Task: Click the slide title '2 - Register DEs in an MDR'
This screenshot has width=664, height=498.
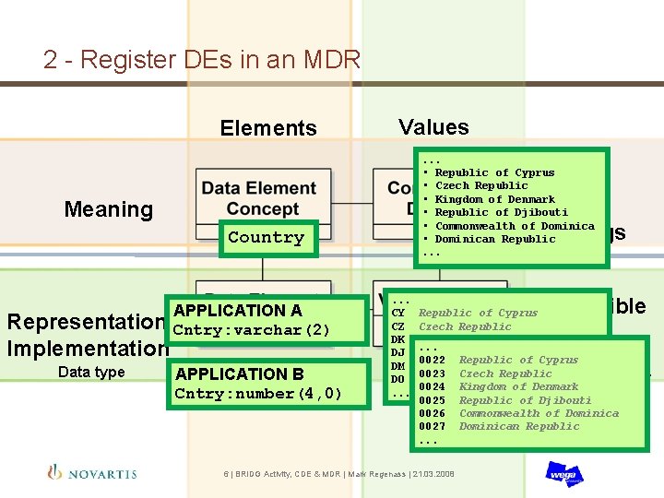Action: point(201,60)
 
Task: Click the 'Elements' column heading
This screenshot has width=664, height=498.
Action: point(267,128)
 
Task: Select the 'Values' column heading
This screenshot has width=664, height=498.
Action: point(433,127)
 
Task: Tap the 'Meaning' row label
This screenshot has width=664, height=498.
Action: point(108,209)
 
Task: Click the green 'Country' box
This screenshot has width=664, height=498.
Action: point(266,238)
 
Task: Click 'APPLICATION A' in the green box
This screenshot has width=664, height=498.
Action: point(237,311)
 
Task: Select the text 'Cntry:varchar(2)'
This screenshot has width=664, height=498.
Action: point(251,330)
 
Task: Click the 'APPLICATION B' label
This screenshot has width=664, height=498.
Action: point(239,373)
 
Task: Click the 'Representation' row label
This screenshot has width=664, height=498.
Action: point(86,323)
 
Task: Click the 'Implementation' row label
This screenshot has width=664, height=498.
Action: point(87,349)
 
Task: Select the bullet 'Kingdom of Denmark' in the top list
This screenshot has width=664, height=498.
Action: point(494,199)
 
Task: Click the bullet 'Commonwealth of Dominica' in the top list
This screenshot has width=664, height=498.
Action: point(514,226)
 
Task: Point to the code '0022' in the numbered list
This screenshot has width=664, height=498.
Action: point(432,361)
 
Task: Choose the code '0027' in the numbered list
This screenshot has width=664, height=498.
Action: point(432,426)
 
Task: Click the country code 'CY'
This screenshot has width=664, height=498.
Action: point(399,314)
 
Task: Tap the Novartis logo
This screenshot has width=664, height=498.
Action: point(92,472)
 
